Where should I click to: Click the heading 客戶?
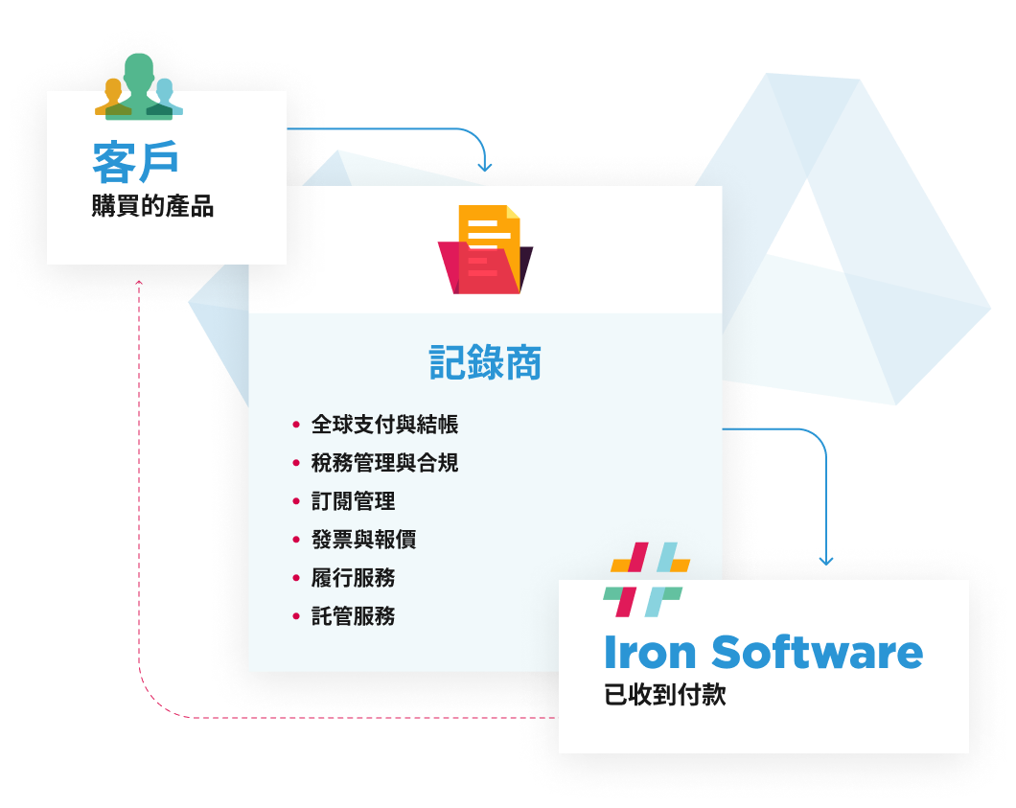coord(135,162)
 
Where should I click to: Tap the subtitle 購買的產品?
coord(152,206)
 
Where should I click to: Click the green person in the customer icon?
coord(139,86)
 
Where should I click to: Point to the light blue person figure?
coord(167,97)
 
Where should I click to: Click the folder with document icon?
coord(485,249)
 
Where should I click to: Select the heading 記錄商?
coord(485,362)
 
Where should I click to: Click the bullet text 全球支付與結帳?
coord(385,425)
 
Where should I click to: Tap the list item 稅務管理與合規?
coord(385,463)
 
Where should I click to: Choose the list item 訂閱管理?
coord(353,501)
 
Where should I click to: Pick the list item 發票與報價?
coord(363,539)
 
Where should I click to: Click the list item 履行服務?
coord(353,577)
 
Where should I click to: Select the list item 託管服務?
coord(353,615)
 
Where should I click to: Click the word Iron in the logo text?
coord(650,652)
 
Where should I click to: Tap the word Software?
coord(817,652)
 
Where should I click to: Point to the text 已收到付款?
coord(665,695)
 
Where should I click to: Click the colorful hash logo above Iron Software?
coord(646,579)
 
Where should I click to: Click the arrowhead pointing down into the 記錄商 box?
coord(485,167)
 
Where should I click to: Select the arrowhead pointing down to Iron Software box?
coord(826,561)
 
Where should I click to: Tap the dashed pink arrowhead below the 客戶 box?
coord(139,282)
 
